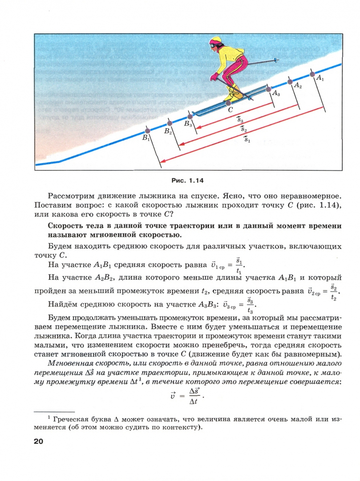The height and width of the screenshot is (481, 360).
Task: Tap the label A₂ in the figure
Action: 297,86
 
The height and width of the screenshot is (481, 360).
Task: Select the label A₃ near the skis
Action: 276,94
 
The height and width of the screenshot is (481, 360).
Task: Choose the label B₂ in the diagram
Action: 167,131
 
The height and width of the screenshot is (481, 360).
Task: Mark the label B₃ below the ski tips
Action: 188,124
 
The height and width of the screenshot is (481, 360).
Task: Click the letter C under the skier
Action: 230,109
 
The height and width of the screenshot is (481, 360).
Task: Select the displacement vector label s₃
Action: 239,119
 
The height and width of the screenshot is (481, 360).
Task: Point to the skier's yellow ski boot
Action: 230,94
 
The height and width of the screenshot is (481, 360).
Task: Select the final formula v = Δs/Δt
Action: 184,395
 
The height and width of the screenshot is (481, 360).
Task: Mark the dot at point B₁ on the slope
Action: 148,131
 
